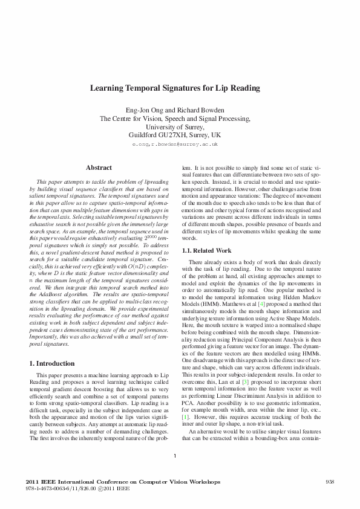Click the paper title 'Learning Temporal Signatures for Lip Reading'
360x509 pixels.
click(175, 88)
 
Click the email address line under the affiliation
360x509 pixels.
click(175, 145)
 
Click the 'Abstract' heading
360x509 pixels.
click(99, 167)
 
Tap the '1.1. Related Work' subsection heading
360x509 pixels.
click(206, 250)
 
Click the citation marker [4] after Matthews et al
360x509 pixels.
click(244, 297)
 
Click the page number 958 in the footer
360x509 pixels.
click(330, 481)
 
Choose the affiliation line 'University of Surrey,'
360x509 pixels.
click(175, 127)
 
